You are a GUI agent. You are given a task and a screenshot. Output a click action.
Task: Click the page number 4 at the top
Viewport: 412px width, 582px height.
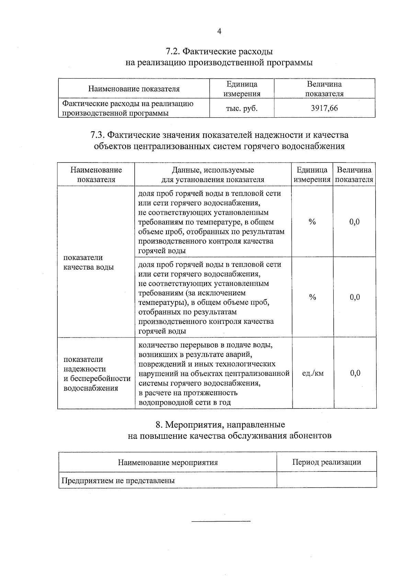pos(219,31)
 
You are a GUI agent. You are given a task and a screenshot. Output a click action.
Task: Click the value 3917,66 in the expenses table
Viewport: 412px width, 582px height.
pos(324,108)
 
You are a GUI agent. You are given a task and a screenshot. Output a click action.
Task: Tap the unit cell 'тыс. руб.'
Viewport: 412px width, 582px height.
pos(241,108)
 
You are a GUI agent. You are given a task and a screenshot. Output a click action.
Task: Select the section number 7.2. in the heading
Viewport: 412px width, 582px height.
pos(173,52)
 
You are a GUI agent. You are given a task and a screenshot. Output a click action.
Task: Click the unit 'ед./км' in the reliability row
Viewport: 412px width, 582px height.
pos(312,373)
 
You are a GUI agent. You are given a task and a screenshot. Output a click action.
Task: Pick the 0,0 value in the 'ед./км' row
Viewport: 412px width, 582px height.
pos(355,373)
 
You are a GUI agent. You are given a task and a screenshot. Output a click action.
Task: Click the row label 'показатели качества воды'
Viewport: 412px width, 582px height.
pos(89,262)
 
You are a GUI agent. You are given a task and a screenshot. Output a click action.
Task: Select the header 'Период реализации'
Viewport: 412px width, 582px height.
pos(327,462)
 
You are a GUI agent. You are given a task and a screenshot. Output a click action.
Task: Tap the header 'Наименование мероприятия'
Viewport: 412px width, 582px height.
pos(168,462)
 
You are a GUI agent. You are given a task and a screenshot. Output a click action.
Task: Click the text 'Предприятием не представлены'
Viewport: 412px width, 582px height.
pos(118,480)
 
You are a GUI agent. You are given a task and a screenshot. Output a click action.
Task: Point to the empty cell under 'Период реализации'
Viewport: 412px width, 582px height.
pos(327,480)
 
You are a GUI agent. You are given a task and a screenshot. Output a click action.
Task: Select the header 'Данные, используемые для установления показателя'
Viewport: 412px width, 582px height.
pos(213,175)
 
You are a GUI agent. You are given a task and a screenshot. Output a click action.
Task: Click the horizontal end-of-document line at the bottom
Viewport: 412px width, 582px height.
pos(221,522)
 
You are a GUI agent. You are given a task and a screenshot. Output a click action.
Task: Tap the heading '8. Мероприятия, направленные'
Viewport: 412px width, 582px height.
pos(220,425)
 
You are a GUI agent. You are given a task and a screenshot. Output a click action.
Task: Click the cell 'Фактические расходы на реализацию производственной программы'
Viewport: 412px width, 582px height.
pos(128,108)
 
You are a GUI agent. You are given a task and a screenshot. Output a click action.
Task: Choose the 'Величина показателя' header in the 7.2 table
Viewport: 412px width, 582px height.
pos(324,89)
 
